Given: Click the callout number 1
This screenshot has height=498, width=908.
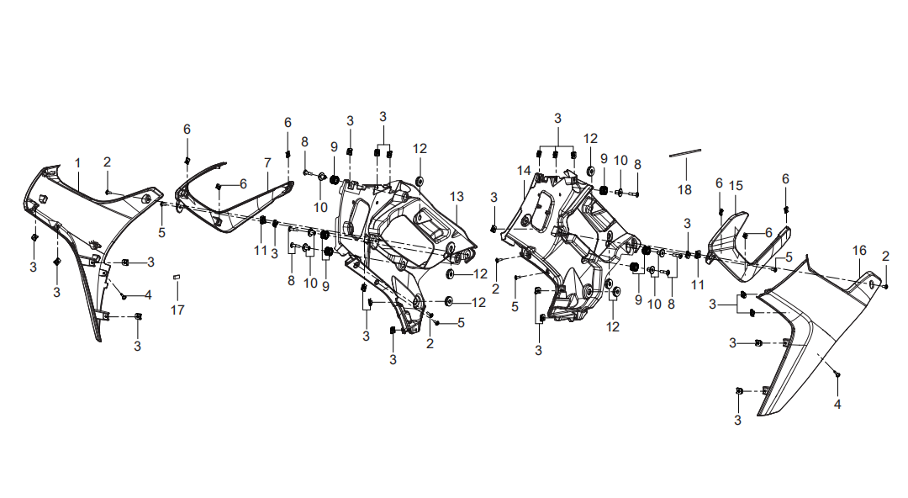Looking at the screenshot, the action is click(77, 163).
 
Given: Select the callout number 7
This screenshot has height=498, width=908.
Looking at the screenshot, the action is click(267, 163).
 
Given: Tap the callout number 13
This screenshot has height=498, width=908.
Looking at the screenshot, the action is click(457, 197).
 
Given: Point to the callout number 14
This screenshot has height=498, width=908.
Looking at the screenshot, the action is click(524, 171).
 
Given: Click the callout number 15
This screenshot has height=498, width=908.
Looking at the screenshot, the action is click(736, 186).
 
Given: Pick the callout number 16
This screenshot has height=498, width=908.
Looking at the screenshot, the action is click(859, 251).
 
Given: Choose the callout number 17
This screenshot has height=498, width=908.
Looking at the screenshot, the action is click(177, 310).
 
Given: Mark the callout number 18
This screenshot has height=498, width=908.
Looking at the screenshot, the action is click(684, 189).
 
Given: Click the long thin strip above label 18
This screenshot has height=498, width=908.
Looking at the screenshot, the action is click(685, 153).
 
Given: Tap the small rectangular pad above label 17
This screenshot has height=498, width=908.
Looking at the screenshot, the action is click(177, 277).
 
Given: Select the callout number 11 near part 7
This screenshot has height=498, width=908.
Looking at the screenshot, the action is click(260, 251).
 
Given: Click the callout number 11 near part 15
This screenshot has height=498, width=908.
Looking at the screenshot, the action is click(698, 284).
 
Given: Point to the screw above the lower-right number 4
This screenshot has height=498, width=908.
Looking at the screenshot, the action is click(837, 375).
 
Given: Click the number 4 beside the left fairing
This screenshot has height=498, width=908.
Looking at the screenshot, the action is click(148, 295).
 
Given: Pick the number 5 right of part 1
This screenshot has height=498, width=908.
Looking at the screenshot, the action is click(161, 232).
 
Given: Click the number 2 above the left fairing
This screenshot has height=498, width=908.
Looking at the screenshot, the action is click(107, 162).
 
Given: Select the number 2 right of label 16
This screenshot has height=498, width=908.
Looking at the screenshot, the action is click(885, 256).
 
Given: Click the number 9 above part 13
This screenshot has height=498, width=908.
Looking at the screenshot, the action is click(334, 146).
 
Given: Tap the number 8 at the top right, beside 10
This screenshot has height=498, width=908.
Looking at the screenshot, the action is click(637, 165).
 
